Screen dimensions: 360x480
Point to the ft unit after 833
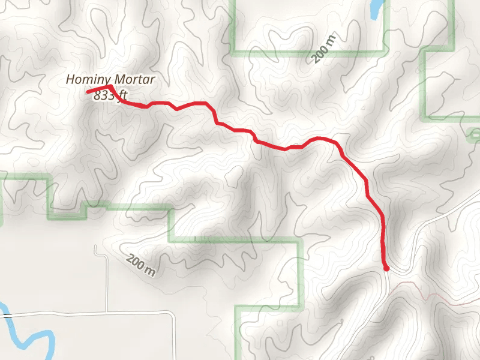click(x=122, y=96)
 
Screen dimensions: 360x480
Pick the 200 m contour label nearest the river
click(x=141, y=265)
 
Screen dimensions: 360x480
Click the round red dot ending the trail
click(x=386, y=268)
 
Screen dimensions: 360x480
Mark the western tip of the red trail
click(x=88, y=92)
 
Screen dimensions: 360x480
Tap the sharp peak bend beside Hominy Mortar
click(x=112, y=86)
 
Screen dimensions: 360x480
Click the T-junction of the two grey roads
click(x=107, y=312)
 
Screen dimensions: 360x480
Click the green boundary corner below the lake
click(x=383, y=50)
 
